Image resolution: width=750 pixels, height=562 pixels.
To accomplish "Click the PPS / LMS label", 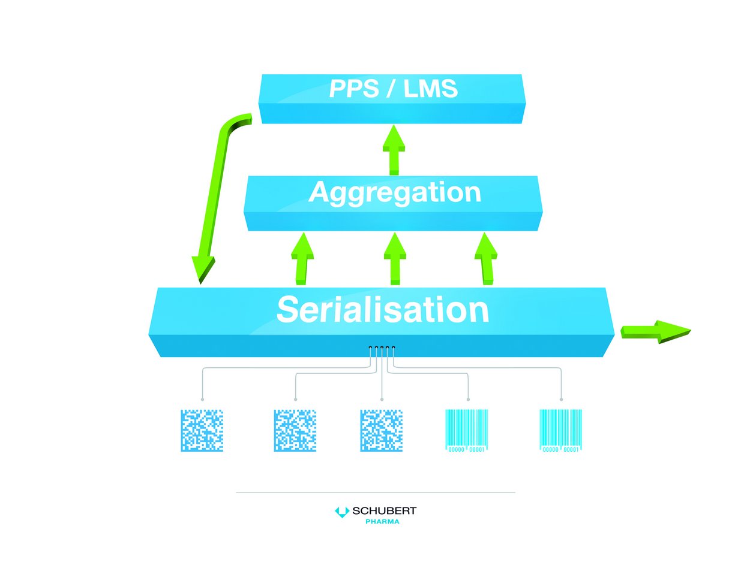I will [x=393, y=89].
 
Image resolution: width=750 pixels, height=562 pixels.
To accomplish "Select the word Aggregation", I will [x=394, y=193].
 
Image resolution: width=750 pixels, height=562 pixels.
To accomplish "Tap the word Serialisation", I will [x=382, y=310].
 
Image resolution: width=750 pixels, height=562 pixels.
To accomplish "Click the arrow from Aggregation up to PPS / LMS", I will [x=394, y=150].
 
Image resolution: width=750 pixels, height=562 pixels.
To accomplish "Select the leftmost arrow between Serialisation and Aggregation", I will [x=302, y=259].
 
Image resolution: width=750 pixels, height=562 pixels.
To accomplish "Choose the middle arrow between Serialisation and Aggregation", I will [x=394, y=259].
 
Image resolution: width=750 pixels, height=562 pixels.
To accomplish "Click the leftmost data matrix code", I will [x=202, y=431].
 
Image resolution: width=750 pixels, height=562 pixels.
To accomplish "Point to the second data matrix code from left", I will [x=295, y=431].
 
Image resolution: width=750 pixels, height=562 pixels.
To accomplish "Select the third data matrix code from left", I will [x=382, y=431].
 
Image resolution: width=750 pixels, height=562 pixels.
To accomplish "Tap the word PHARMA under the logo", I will [x=382, y=522].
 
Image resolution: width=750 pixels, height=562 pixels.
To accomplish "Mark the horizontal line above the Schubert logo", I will [x=376, y=492].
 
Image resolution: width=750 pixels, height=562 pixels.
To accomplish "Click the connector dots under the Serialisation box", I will [x=382, y=348].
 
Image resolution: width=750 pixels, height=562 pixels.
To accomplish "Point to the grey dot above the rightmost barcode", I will [x=561, y=399].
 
